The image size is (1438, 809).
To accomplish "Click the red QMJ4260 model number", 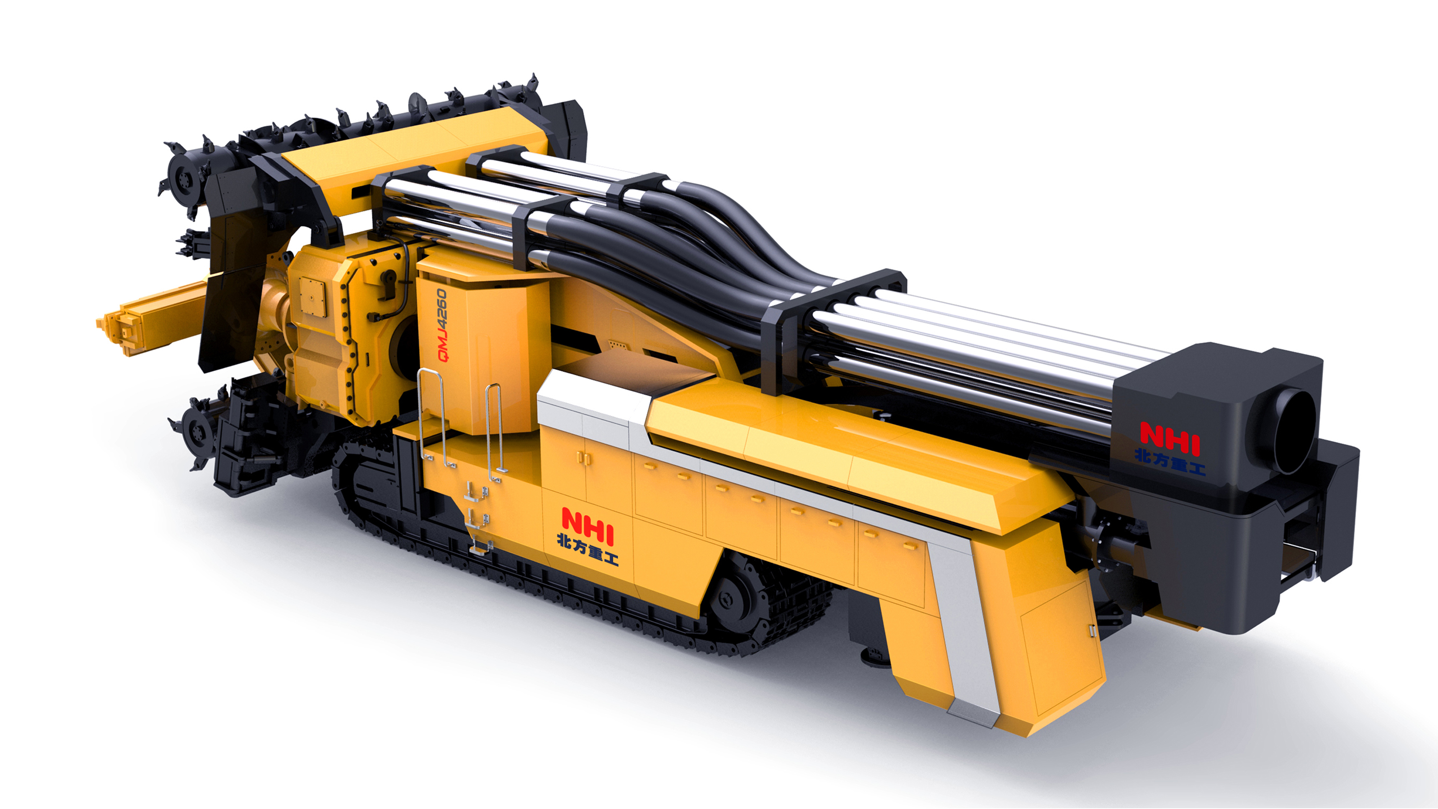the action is coord(442,325).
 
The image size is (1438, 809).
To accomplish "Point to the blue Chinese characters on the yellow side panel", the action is coord(587,550).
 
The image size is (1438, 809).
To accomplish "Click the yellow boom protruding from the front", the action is coord(154,318).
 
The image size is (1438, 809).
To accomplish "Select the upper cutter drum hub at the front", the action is coord(183,178).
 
